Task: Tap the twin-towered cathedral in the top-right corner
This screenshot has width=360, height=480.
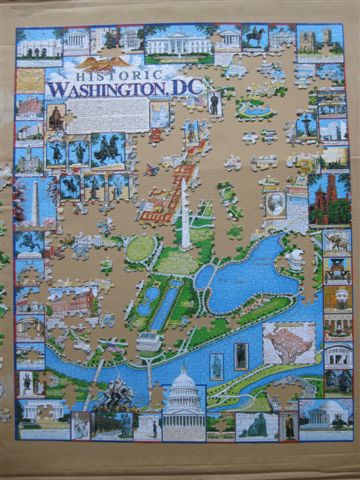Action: pyautogui.click(x=320, y=40)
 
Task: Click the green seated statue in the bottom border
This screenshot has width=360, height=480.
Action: pyautogui.click(x=255, y=425)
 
